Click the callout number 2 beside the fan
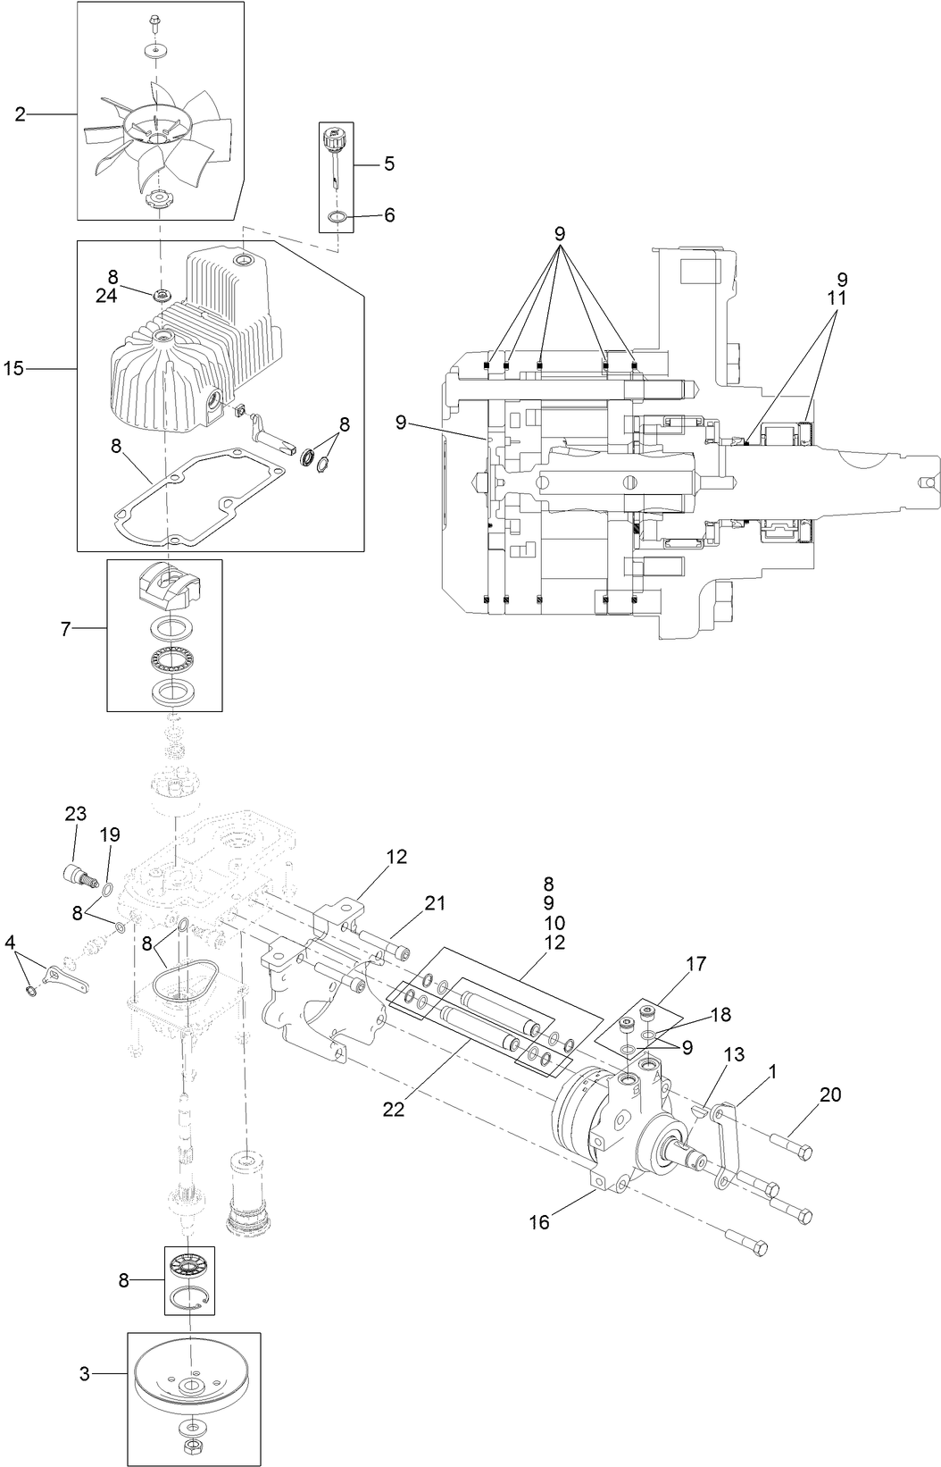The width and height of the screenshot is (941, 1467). [20, 113]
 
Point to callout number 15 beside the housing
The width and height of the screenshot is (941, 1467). [13, 367]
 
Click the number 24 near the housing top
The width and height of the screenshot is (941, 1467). [106, 296]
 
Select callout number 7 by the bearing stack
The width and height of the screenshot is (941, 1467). [65, 630]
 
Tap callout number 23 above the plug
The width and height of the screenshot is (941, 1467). [76, 814]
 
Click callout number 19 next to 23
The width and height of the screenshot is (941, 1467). [109, 835]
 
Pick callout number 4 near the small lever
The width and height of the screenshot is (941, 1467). [11, 943]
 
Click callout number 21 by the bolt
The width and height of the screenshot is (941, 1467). [435, 903]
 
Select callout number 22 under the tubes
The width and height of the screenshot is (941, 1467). [394, 1109]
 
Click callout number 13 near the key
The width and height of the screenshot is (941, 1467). [733, 1055]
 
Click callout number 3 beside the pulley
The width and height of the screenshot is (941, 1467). [85, 1374]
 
